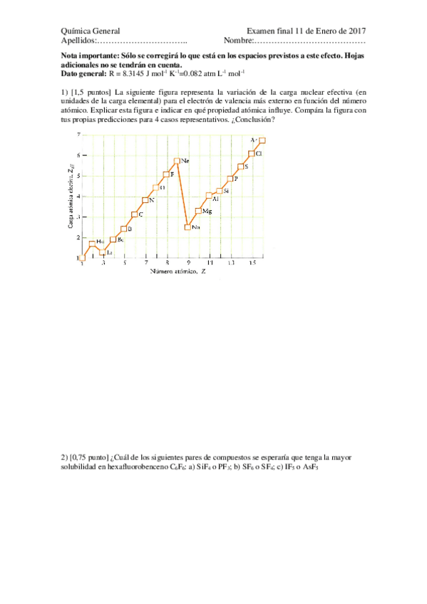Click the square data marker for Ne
tap(177, 161)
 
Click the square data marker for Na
tap(187, 227)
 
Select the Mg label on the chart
tap(207, 212)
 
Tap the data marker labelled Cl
tap(252, 154)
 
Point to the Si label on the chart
tap(226, 191)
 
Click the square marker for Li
tap(102, 252)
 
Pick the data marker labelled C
tap(135, 214)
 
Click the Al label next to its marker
tap(215, 199)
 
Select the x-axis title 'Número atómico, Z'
tap(178, 272)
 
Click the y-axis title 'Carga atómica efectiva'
tap(70, 196)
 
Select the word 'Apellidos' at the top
tap(78, 41)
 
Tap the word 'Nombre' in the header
tap(237, 41)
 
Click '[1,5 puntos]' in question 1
tap(91, 92)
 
